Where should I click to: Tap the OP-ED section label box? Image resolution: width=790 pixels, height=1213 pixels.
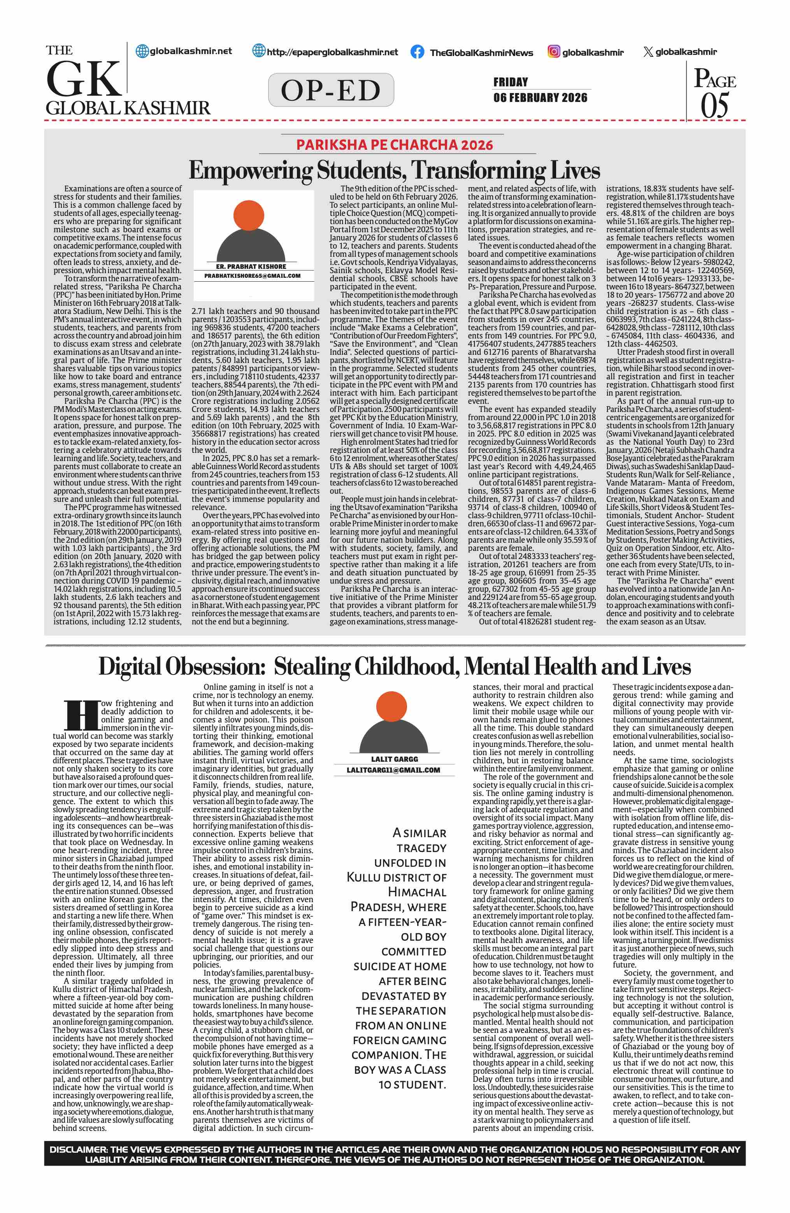pyautogui.click(x=331, y=90)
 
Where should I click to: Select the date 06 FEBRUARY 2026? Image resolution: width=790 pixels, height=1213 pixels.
pyautogui.click(x=540, y=97)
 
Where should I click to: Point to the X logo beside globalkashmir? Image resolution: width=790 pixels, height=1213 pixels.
pyautogui.click(x=648, y=51)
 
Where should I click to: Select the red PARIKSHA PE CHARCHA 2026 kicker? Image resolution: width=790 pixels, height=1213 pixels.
pyautogui.click(x=395, y=145)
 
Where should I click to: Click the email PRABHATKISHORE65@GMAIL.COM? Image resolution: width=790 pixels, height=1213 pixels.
pyautogui.click(x=252, y=276)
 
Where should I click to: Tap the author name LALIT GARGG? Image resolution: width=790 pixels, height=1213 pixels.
pyautogui.click(x=395, y=759)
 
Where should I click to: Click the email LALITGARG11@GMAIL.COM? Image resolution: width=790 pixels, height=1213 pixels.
pyautogui.click(x=393, y=770)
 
